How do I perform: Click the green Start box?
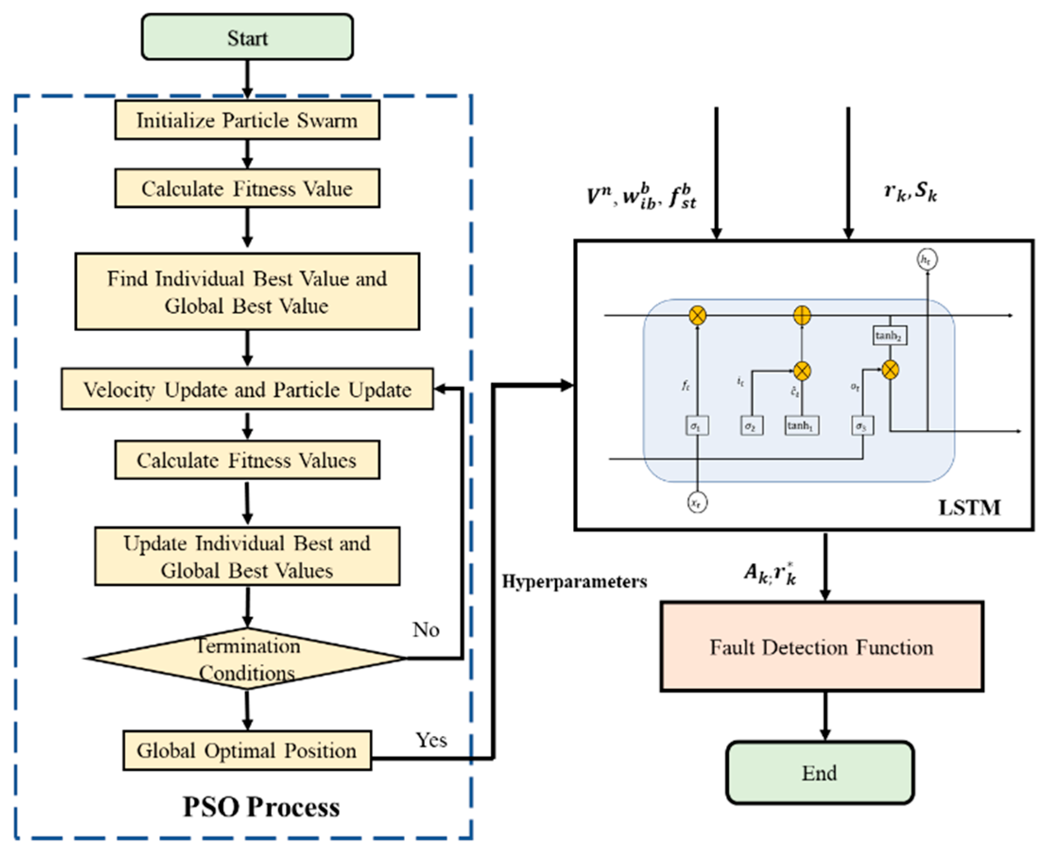[248, 37]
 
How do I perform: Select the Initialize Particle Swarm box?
[248, 120]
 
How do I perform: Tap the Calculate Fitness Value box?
[248, 189]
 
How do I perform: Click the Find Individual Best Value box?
[248, 291]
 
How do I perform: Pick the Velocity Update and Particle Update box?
[248, 389]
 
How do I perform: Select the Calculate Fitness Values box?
[248, 460]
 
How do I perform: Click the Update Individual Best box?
[248, 556]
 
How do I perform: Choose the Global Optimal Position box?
[248, 750]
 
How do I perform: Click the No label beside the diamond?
[426, 629]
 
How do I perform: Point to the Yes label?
[431, 740]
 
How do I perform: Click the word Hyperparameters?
[574, 582]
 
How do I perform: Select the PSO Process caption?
[261, 807]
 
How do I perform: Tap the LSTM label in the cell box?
[969, 507]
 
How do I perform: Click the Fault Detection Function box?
[821, 647]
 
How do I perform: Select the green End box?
[820, 773]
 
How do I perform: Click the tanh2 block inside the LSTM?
[890, 336]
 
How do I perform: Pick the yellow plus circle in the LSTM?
[802, 315]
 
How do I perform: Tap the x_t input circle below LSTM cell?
[697, 503]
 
